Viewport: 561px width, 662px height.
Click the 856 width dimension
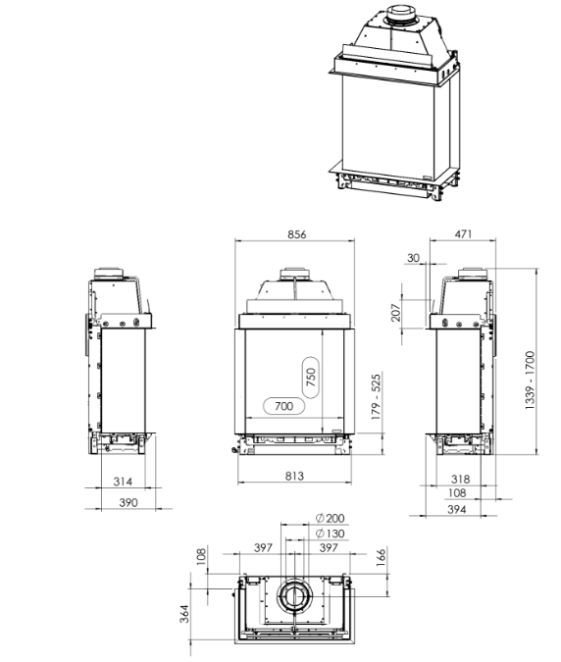[297, 234]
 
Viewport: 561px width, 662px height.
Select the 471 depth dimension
[463, 233]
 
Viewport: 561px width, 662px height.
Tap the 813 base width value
[294, 476]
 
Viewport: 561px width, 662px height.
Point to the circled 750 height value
[311, 377]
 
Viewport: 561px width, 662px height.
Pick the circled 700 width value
[283, 406]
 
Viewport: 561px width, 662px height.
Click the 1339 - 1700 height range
[530, 380]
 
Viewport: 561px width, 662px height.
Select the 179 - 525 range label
[376, 396]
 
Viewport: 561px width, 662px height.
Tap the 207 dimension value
[395, 312]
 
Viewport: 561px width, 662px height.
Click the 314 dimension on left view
[123, 482]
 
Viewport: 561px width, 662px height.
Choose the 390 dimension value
[127, 502]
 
